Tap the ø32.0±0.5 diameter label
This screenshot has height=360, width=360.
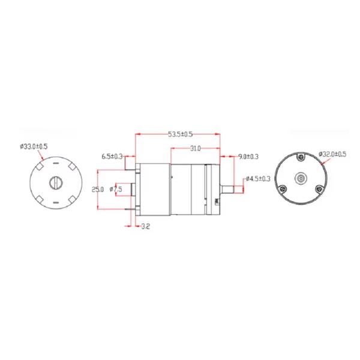pos(332,154)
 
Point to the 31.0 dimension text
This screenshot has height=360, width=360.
pos(195,148)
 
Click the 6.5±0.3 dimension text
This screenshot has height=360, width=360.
pos(112,157)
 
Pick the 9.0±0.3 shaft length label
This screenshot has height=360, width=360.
pos(248,157)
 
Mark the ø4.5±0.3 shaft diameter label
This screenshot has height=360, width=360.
pos(259,179)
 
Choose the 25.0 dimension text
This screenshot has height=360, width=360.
pos(98,189)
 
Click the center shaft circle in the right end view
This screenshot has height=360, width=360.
pos(301,179)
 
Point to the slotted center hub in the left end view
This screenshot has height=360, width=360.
pos(55,182)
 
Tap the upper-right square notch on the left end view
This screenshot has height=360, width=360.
pos(70,167)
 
